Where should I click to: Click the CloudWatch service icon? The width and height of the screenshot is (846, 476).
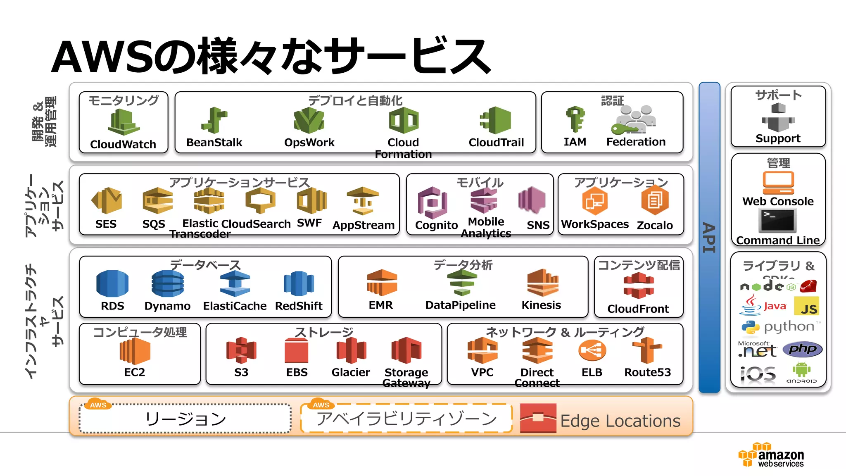(x=123, y=122)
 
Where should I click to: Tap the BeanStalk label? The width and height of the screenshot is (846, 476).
(x=214, y=143)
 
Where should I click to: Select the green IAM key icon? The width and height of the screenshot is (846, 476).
(x=575, y=119)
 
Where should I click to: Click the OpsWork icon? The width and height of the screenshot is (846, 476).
(x=309, y=120)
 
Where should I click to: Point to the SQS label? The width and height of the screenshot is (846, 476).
(x=154, y=224)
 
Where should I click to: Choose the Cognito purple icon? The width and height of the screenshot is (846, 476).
(x=432, y=202)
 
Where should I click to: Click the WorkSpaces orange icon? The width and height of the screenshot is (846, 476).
(x=594, y=201)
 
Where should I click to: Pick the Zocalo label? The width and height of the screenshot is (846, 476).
(x=655, y=225)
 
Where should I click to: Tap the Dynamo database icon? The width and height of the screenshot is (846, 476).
(x=167, y=283)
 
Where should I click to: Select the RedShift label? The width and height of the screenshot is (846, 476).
(x=299, y=306)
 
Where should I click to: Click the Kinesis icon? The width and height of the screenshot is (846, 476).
(x=542, y=283)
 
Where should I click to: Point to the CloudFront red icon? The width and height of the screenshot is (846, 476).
(x=639, y=286)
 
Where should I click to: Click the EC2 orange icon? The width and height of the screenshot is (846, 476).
(x=135, y=351)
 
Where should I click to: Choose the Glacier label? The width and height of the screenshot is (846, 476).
(x=351, y=373)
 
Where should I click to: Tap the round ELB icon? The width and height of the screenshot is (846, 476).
(x=592, y=351)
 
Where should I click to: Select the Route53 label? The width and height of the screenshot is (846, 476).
(x=647, y=373)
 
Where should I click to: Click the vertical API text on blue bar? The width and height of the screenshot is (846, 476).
(x=709, y=238)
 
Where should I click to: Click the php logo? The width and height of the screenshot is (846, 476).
(x=802, y=349)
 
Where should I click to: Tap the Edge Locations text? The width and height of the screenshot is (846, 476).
(x=620, y=421)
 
